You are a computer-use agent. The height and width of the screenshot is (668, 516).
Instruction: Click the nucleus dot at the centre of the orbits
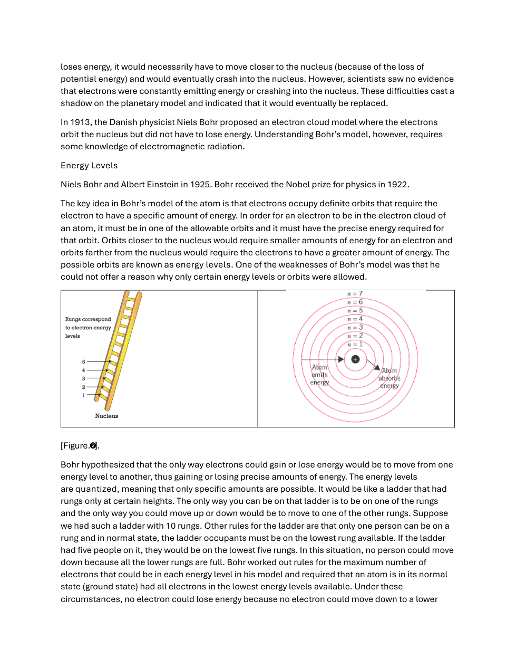355,359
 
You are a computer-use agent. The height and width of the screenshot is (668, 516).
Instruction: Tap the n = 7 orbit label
355,294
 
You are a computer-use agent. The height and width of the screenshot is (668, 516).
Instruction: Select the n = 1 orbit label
355,345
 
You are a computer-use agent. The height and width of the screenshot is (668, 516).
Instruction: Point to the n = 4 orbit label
355,319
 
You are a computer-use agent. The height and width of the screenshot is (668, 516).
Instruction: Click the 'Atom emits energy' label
319,375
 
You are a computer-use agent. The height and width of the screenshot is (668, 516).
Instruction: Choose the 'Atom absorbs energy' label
390,378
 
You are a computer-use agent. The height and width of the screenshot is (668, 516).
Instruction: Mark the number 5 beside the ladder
83,362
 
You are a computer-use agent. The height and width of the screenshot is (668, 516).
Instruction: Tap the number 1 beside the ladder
83,395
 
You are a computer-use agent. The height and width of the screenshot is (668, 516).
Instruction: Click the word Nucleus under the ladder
106,416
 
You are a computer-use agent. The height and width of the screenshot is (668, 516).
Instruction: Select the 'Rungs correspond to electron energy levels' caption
88,328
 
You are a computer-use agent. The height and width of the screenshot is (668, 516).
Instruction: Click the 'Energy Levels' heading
89,166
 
